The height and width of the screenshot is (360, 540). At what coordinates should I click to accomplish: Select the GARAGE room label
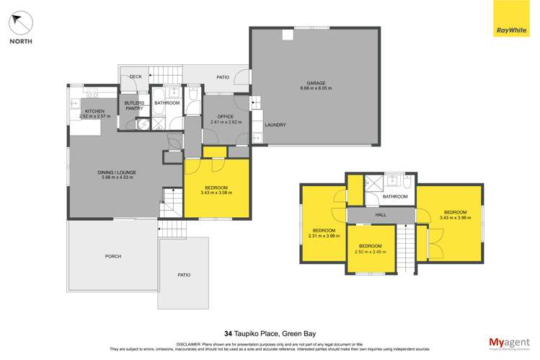pyautogui.click(x=316, y=83)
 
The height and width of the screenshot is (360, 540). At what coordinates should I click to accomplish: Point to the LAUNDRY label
pyautogui.click(x=275, y=125)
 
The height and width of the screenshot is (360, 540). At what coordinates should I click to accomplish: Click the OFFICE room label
pyautogui.click(x=218, y=117)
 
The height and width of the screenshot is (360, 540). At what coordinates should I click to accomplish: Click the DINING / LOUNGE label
pyautogui.click(x=117, y=172)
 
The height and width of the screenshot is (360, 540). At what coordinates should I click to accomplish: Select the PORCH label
pyautogui.click(x=113, y=256)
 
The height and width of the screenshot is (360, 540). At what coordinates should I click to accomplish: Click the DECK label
pyautogui.click(x=135, y=76)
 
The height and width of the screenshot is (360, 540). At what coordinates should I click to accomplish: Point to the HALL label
pyautogui.click(x=381, y=216)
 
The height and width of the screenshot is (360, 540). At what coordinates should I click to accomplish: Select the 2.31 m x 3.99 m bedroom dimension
pyautogui.click(x=324, y=235)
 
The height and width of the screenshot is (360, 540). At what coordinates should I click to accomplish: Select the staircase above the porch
pyautogui.click(x=171, y=230)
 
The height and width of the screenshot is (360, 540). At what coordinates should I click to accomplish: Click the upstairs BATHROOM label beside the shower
pyautogui.click(x=394, y=196)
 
